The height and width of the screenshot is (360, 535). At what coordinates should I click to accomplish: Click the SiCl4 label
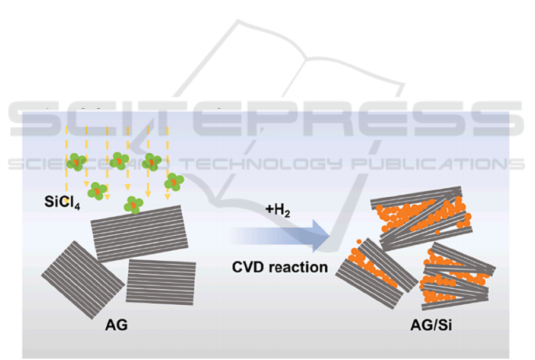62,202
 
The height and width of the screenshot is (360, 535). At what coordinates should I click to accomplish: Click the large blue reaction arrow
279,236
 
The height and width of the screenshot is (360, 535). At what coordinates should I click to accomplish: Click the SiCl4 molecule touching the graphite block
134,205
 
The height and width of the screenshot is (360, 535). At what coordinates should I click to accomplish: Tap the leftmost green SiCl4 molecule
75,162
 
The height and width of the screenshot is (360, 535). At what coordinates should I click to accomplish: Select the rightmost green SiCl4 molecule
174,181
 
